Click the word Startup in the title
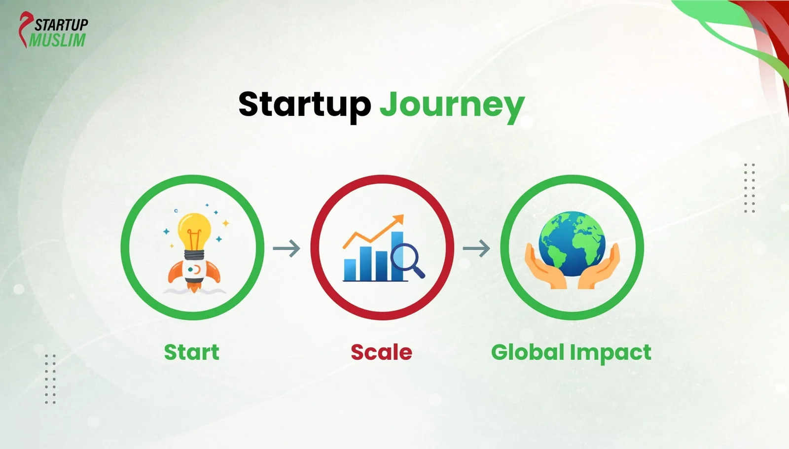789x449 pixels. [304, 104]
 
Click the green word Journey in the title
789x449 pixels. [452, 105]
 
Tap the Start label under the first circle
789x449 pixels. [191, 352]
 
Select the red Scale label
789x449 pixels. [381, 352]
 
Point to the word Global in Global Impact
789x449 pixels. [528, 352]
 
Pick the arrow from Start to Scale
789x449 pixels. [287, 248]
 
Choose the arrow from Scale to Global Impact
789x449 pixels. [476, 248]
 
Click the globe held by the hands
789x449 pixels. [572, 243]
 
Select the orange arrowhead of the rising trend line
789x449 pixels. [398, 219]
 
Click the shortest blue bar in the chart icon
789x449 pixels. [350, 270]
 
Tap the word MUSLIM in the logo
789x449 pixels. [57, 40]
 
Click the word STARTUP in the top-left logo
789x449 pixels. [61, 24]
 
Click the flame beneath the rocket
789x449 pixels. [194, 286]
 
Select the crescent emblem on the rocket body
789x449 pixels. [197, 270]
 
